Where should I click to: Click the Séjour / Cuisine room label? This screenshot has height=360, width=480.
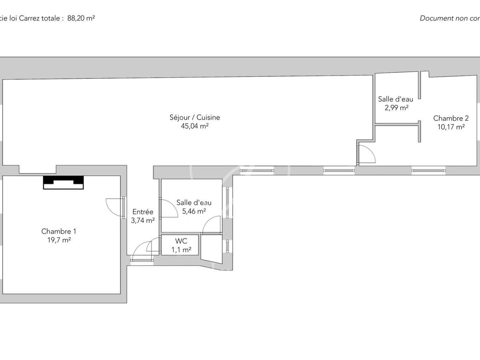pyautogui.click(x=194, y=118)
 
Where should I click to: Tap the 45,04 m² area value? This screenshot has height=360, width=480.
pyautogui.click(x=194, y=126)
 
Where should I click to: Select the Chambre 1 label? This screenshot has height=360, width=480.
pyautogui.click(x=58, y=231)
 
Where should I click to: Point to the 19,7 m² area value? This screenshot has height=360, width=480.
pyautogui.click(x=58, y=240)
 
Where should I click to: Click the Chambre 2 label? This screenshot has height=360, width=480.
pyautogui.click(x=451, y=118)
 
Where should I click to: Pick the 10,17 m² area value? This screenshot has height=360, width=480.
pyautogui.click(x=451, y=127)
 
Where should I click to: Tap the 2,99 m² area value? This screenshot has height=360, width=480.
pyautogui.click(x=396, y=108)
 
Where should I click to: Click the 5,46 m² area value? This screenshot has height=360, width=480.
pyautogui.click(x=194, y=211)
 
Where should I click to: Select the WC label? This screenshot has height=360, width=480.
pyautogui.click(x=181, y=241)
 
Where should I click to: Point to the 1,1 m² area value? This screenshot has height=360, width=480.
pyautogui.click(x=181, y=250)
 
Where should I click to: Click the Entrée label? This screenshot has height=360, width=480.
pyautogui.click(x=143, y=212)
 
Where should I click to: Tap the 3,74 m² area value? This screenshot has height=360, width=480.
pyautogui.click(x=143, y=220)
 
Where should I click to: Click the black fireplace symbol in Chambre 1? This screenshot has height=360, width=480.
pyautogui.click(x=64, y=182)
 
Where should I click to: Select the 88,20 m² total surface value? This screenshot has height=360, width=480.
pyautogui.click(x=82, y=18)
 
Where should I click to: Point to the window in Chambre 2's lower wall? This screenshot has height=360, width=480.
pyautogui.click(x=428, y=170)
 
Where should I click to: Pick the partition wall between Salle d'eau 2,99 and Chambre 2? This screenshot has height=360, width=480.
pyautogui.click(x=419, y=85)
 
